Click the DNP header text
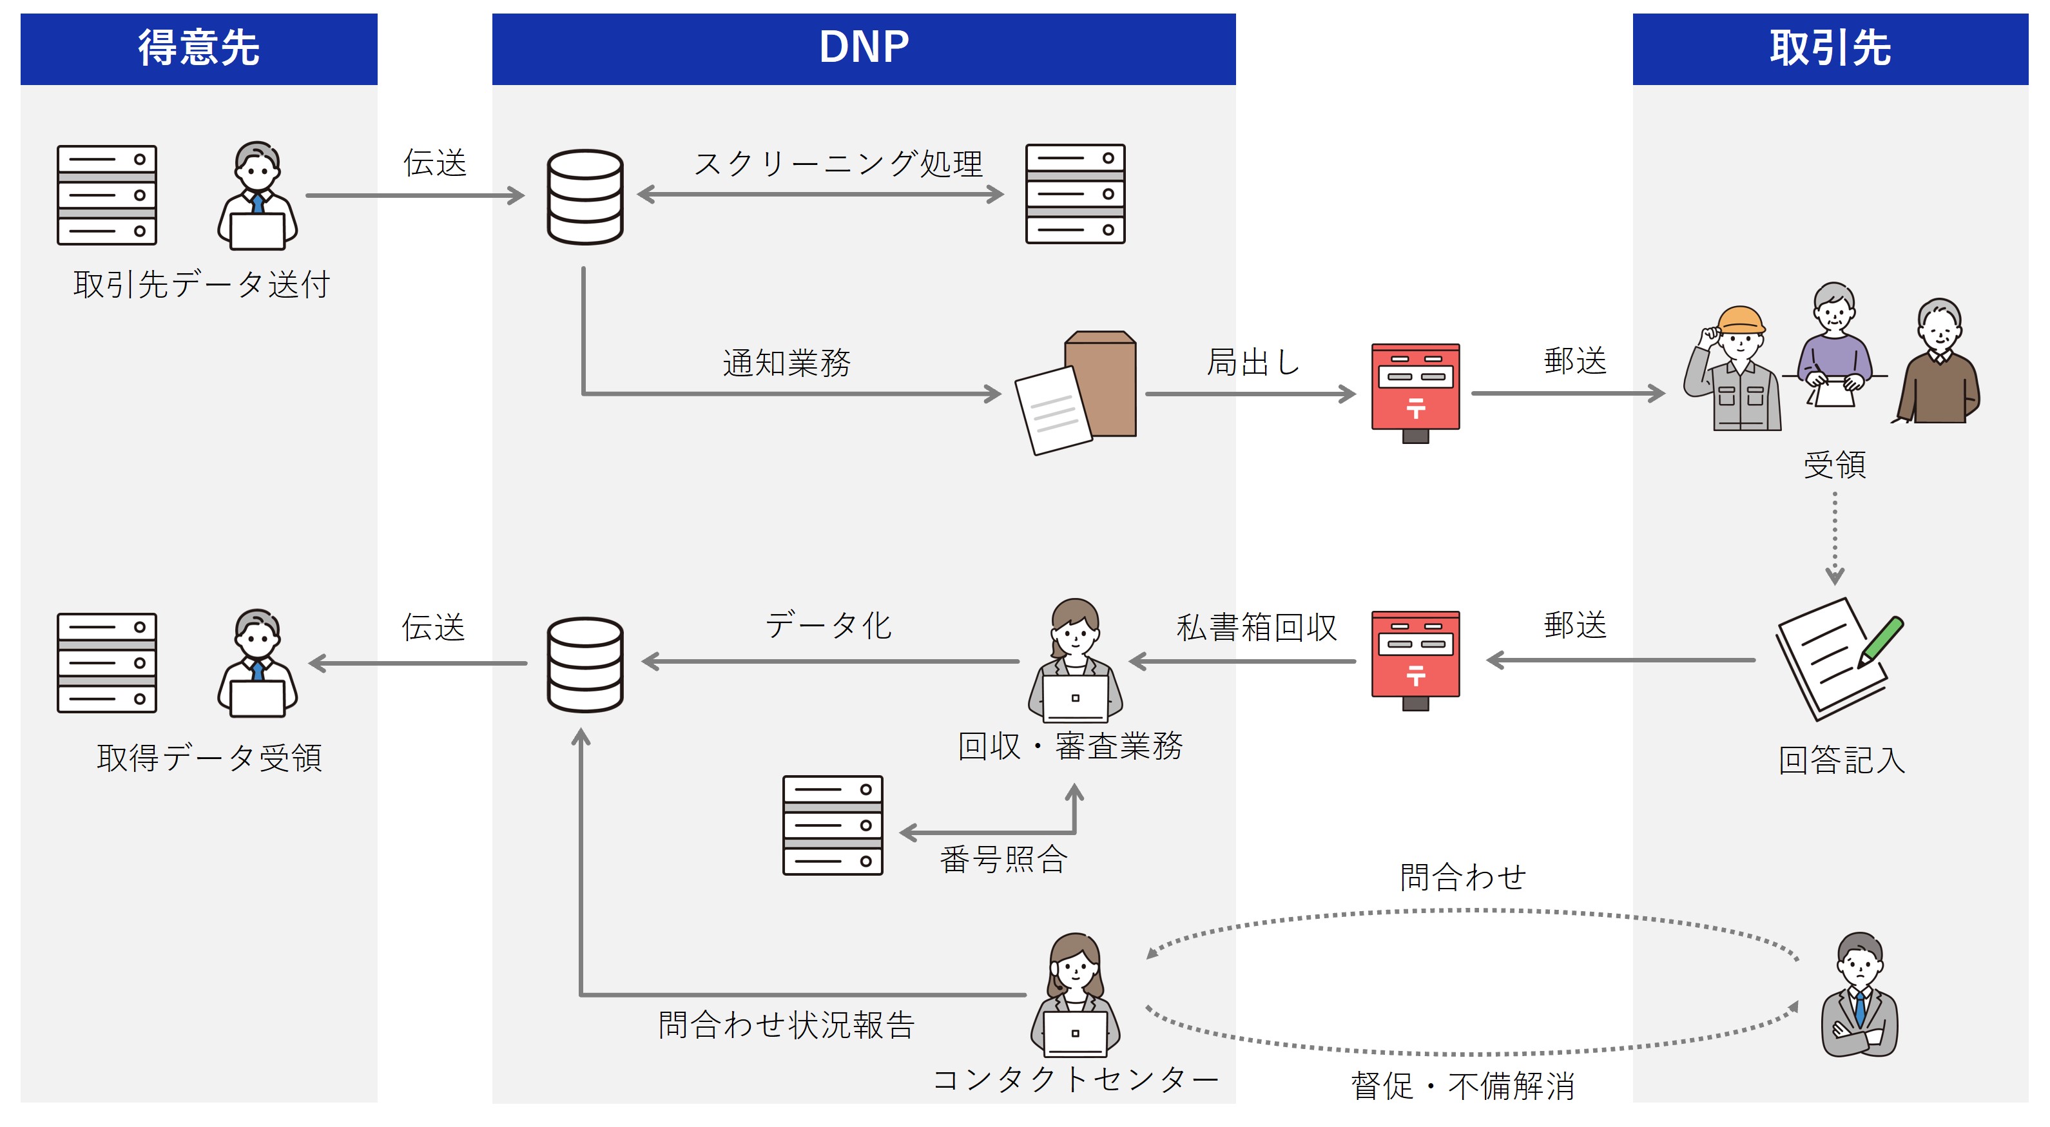click(864, 48)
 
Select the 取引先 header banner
click(1830, 48)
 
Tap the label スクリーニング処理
click(838, 164)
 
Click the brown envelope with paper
click(1078, 392)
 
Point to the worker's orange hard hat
click(1741, 320)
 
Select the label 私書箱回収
click(1256, 627)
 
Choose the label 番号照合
click(1003, 860)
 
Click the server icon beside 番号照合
click(833, 825)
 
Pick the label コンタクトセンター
click(1074, 1080)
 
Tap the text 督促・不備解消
click(1463, 1086)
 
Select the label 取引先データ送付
click(201, 284)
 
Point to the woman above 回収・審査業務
click(1075, 660)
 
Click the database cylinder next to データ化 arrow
click(585, 664)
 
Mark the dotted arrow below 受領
click(1834, 538)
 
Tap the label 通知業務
click(786, 363)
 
